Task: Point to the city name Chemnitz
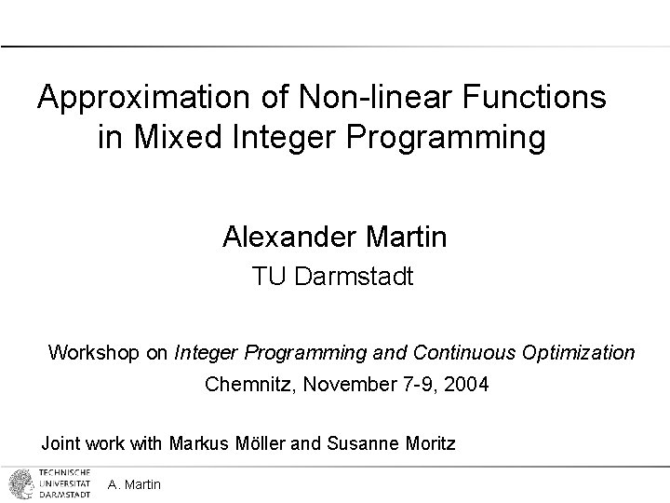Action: pyautogui.click(x=245, y=383)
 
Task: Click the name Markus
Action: pyautogui.click(x=199, y=443)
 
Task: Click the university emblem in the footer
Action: pyautogui.click(x=19, y=483)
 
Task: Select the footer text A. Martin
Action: pyautogui.click(x=134, y=484)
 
